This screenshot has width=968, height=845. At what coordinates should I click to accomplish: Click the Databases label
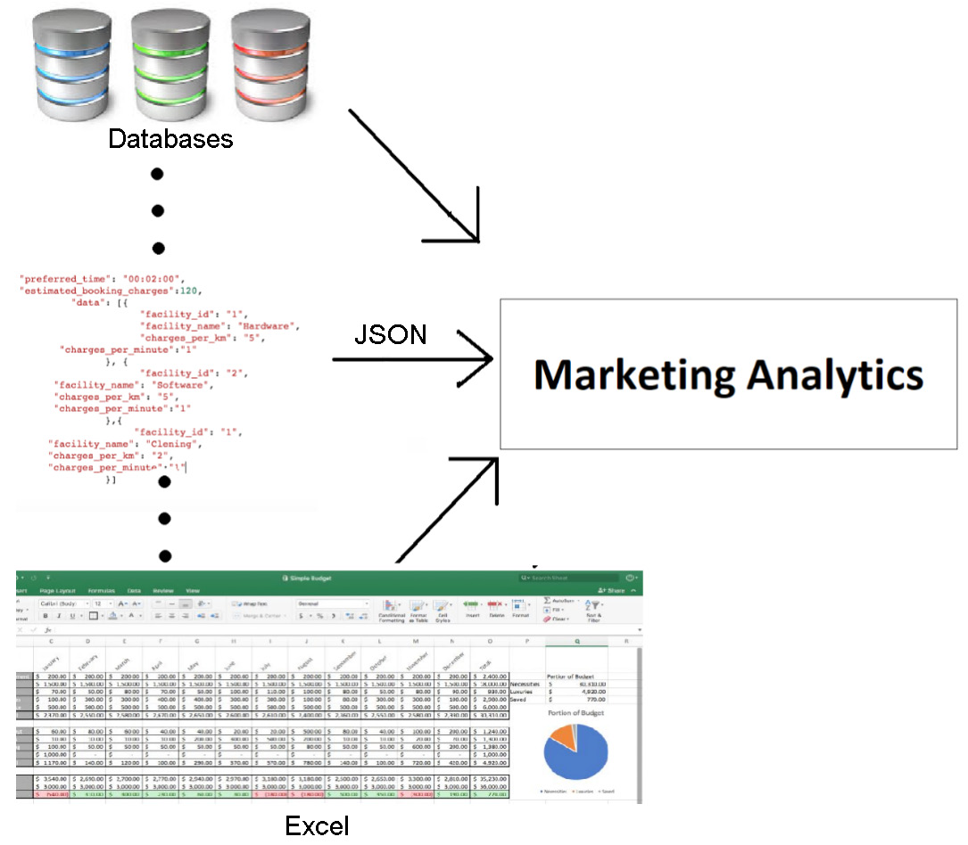(170, 139)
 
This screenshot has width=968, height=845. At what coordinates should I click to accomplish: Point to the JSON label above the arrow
(390, 334)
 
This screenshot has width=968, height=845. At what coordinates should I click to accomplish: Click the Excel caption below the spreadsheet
(317, 825)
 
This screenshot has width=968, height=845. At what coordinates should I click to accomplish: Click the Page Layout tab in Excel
(63, 591)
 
